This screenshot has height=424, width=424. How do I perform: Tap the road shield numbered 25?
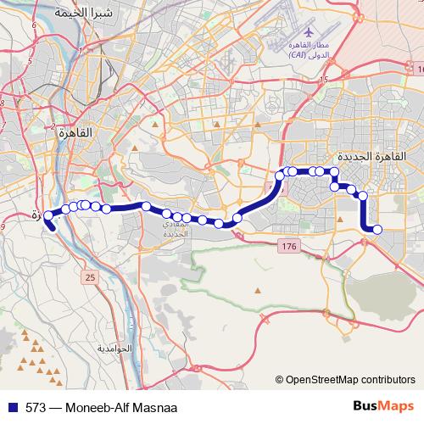(x=90, y=276)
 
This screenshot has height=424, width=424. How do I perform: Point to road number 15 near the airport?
(x=323, y=79)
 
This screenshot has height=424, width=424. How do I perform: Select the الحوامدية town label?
(x=115, y=349)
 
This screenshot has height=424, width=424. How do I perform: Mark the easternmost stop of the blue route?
(x=377, y=229)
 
